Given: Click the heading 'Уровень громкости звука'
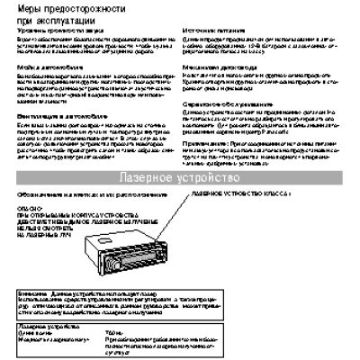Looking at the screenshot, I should point(54,31).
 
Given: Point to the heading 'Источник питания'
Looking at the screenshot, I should point(215,31).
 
